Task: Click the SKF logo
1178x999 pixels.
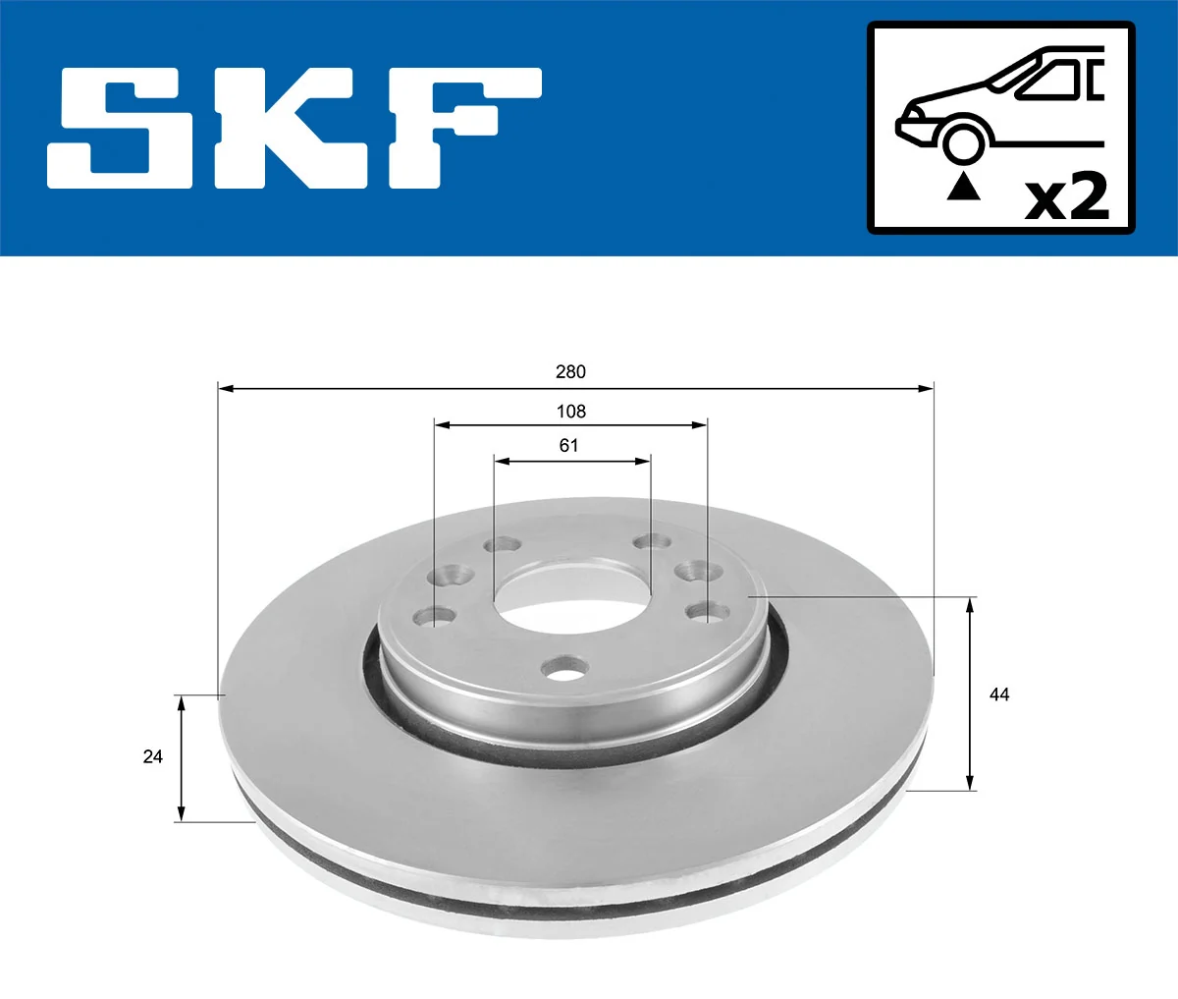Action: [294, 128]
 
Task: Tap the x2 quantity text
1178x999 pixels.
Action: [1066, 196]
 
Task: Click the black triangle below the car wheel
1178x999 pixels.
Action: [963, 187]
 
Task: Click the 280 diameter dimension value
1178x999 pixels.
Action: [570, 371]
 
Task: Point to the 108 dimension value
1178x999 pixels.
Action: [570, 412]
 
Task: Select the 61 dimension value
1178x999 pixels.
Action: [569, 446]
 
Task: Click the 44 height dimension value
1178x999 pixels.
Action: [999, 695]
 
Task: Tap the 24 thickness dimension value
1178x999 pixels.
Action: [152, 756]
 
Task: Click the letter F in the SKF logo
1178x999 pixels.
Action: [461, 128]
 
